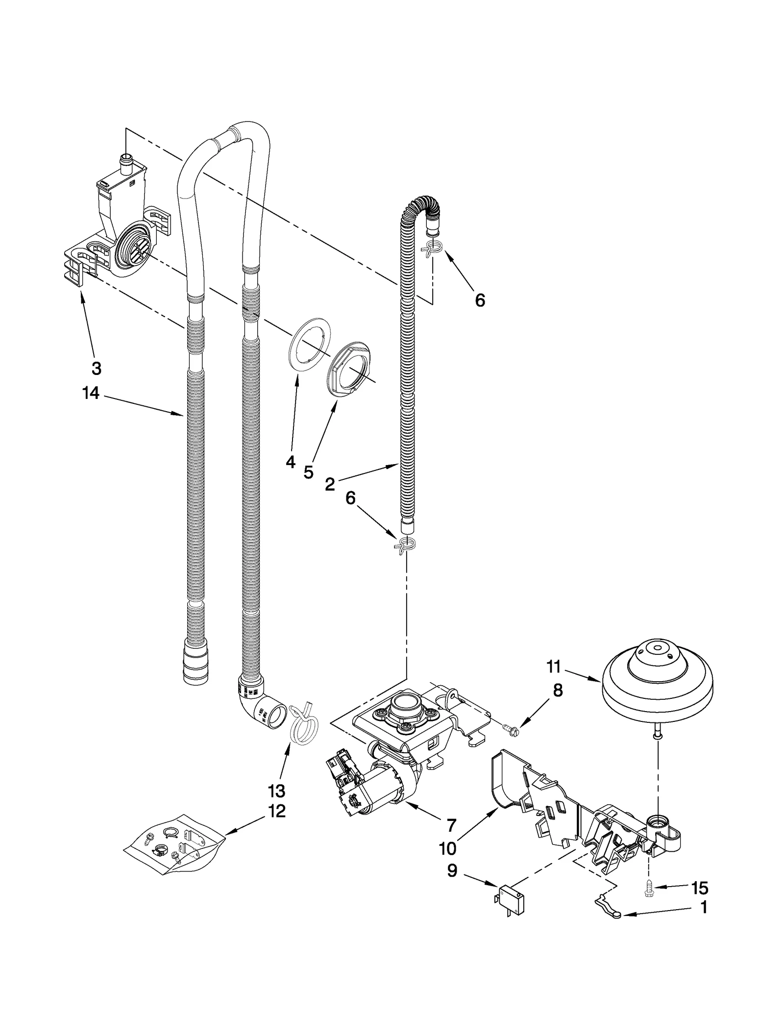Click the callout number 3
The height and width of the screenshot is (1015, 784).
point(97,368)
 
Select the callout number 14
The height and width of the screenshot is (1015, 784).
point(91,393)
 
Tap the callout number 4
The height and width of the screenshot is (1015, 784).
point(291,462)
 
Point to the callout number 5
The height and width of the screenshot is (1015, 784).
point(308,472)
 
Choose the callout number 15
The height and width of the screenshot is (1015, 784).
point(700,888)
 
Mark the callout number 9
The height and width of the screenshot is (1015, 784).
point(452,870)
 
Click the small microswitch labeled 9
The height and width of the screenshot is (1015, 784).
point(510,900)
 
